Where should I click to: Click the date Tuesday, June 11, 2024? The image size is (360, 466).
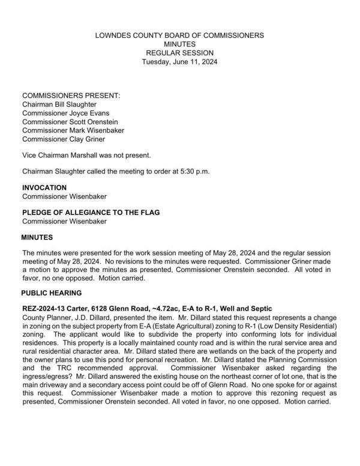(x=179, y=61)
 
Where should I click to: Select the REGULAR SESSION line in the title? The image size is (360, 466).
(x=179, y=53)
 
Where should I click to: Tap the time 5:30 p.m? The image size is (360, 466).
(x=191, y=171)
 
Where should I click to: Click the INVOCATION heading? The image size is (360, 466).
(x=45, y=187)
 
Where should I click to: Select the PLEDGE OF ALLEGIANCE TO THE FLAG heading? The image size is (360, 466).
(x=91, y=213)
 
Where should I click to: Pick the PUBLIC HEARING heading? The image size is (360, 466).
(x=51, y=293)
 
